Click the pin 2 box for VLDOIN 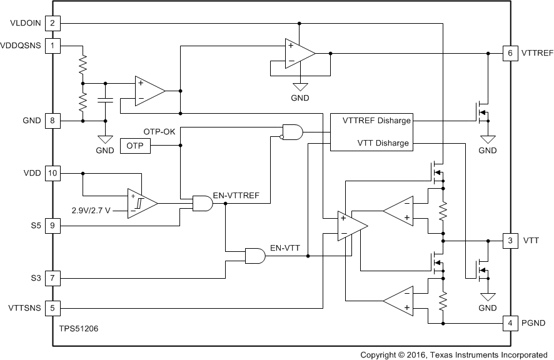point(53,24)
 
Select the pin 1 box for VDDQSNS point(53,46)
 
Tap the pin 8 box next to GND point(53,121)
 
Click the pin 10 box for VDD point(53,173)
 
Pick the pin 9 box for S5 point(53,226)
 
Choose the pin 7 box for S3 point(53,277)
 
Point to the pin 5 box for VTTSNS point(53,307)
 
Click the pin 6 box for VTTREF point(510,53)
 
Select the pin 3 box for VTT point(510,241)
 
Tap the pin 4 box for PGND point(510,323)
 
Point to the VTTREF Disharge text point(376,121)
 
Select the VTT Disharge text point(383,143)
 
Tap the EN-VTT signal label point(285,248)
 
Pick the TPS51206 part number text point(79,327)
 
